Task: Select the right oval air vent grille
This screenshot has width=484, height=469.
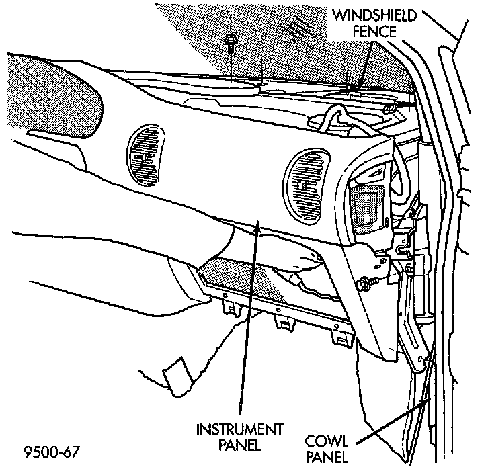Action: (307, 186)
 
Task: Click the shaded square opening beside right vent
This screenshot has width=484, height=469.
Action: (368, 205)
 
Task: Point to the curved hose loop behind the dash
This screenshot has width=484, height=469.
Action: (334, 121)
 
